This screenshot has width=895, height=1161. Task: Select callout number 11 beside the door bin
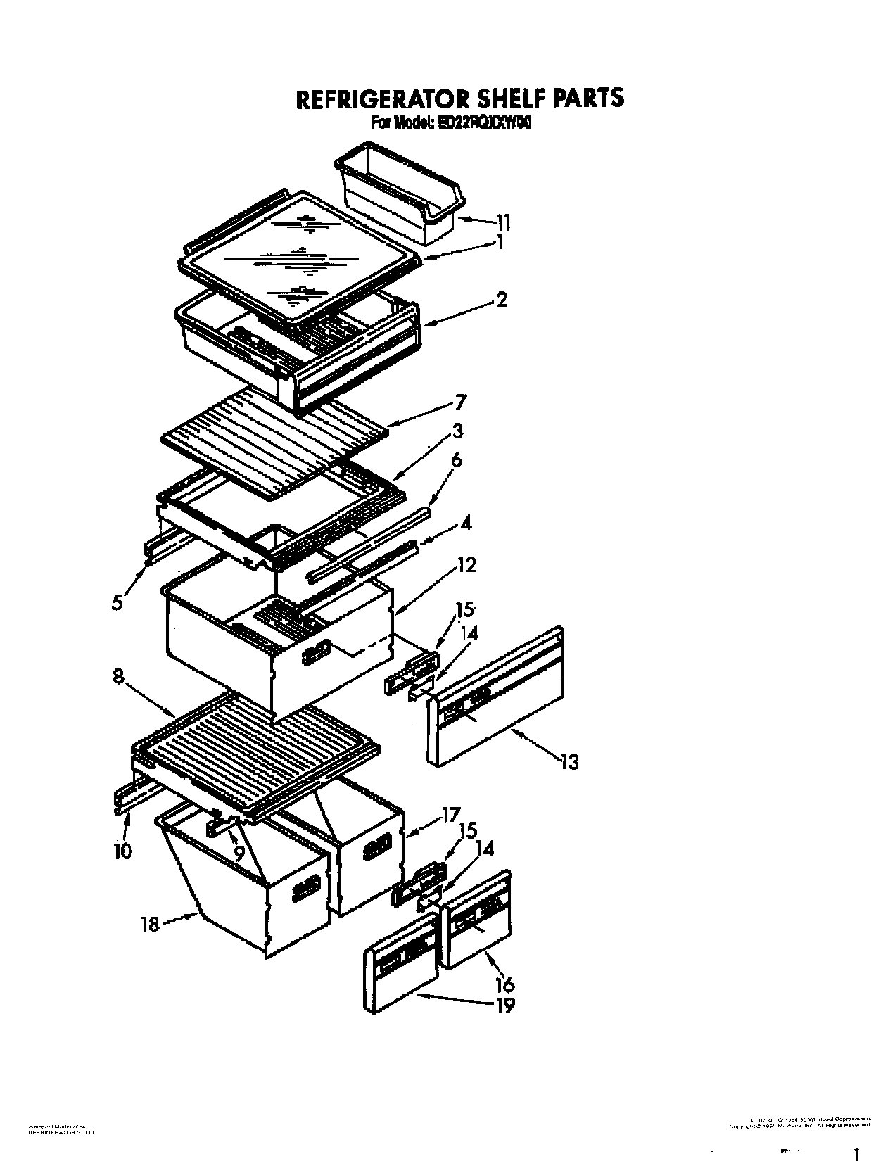click(502, 223)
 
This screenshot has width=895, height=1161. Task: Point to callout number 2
click(500, 300)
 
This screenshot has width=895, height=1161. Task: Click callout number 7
click(460, 403)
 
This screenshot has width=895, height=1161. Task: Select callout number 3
click(458, 431)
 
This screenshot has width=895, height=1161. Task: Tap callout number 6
click(457, 460)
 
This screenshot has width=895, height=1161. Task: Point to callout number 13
click(569, 761)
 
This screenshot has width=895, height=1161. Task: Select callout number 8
click(118, 676)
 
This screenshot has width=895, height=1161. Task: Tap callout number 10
click(122, 851)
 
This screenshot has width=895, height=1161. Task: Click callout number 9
click(239, 854)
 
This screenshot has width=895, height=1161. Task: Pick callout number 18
click(150, 924)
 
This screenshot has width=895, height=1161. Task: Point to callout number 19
click(504, 1005)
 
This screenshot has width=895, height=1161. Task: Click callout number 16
click(504, 984)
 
